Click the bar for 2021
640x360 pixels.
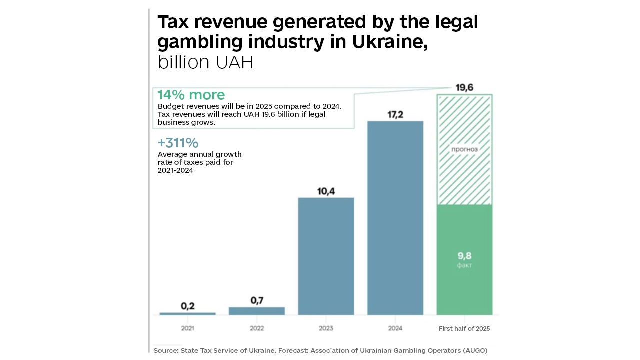(x=188, y=313)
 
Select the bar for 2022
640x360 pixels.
(x=257, y=311)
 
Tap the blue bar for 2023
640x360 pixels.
(x=326, y=256)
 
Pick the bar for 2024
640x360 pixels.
(x=395, y=218)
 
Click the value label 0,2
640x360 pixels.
(x=188, y=306)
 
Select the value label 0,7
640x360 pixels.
(x=257, y=300)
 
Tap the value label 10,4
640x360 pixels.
(x=326, y=191)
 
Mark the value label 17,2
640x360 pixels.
(x=395, y=114)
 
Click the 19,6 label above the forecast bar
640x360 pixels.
(x=464, y=88)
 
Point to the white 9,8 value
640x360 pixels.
(x=464, y=256)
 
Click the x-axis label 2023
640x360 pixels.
(x=326, y=328)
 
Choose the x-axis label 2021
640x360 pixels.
(x=188, y=328)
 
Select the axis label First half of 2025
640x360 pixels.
(x=464, y=328)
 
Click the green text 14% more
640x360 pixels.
(x=191, y=95)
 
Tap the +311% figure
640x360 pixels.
(x=178, y=143)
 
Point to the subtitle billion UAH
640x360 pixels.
(x=205, y=63)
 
